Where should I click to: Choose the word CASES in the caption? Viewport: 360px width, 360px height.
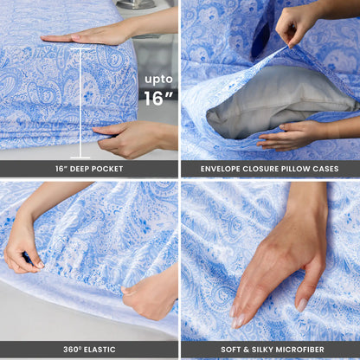click(333, 168)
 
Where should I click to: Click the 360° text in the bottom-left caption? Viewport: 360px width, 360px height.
click(72, 350)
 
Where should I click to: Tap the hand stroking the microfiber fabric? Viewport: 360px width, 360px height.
click(268, 268)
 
